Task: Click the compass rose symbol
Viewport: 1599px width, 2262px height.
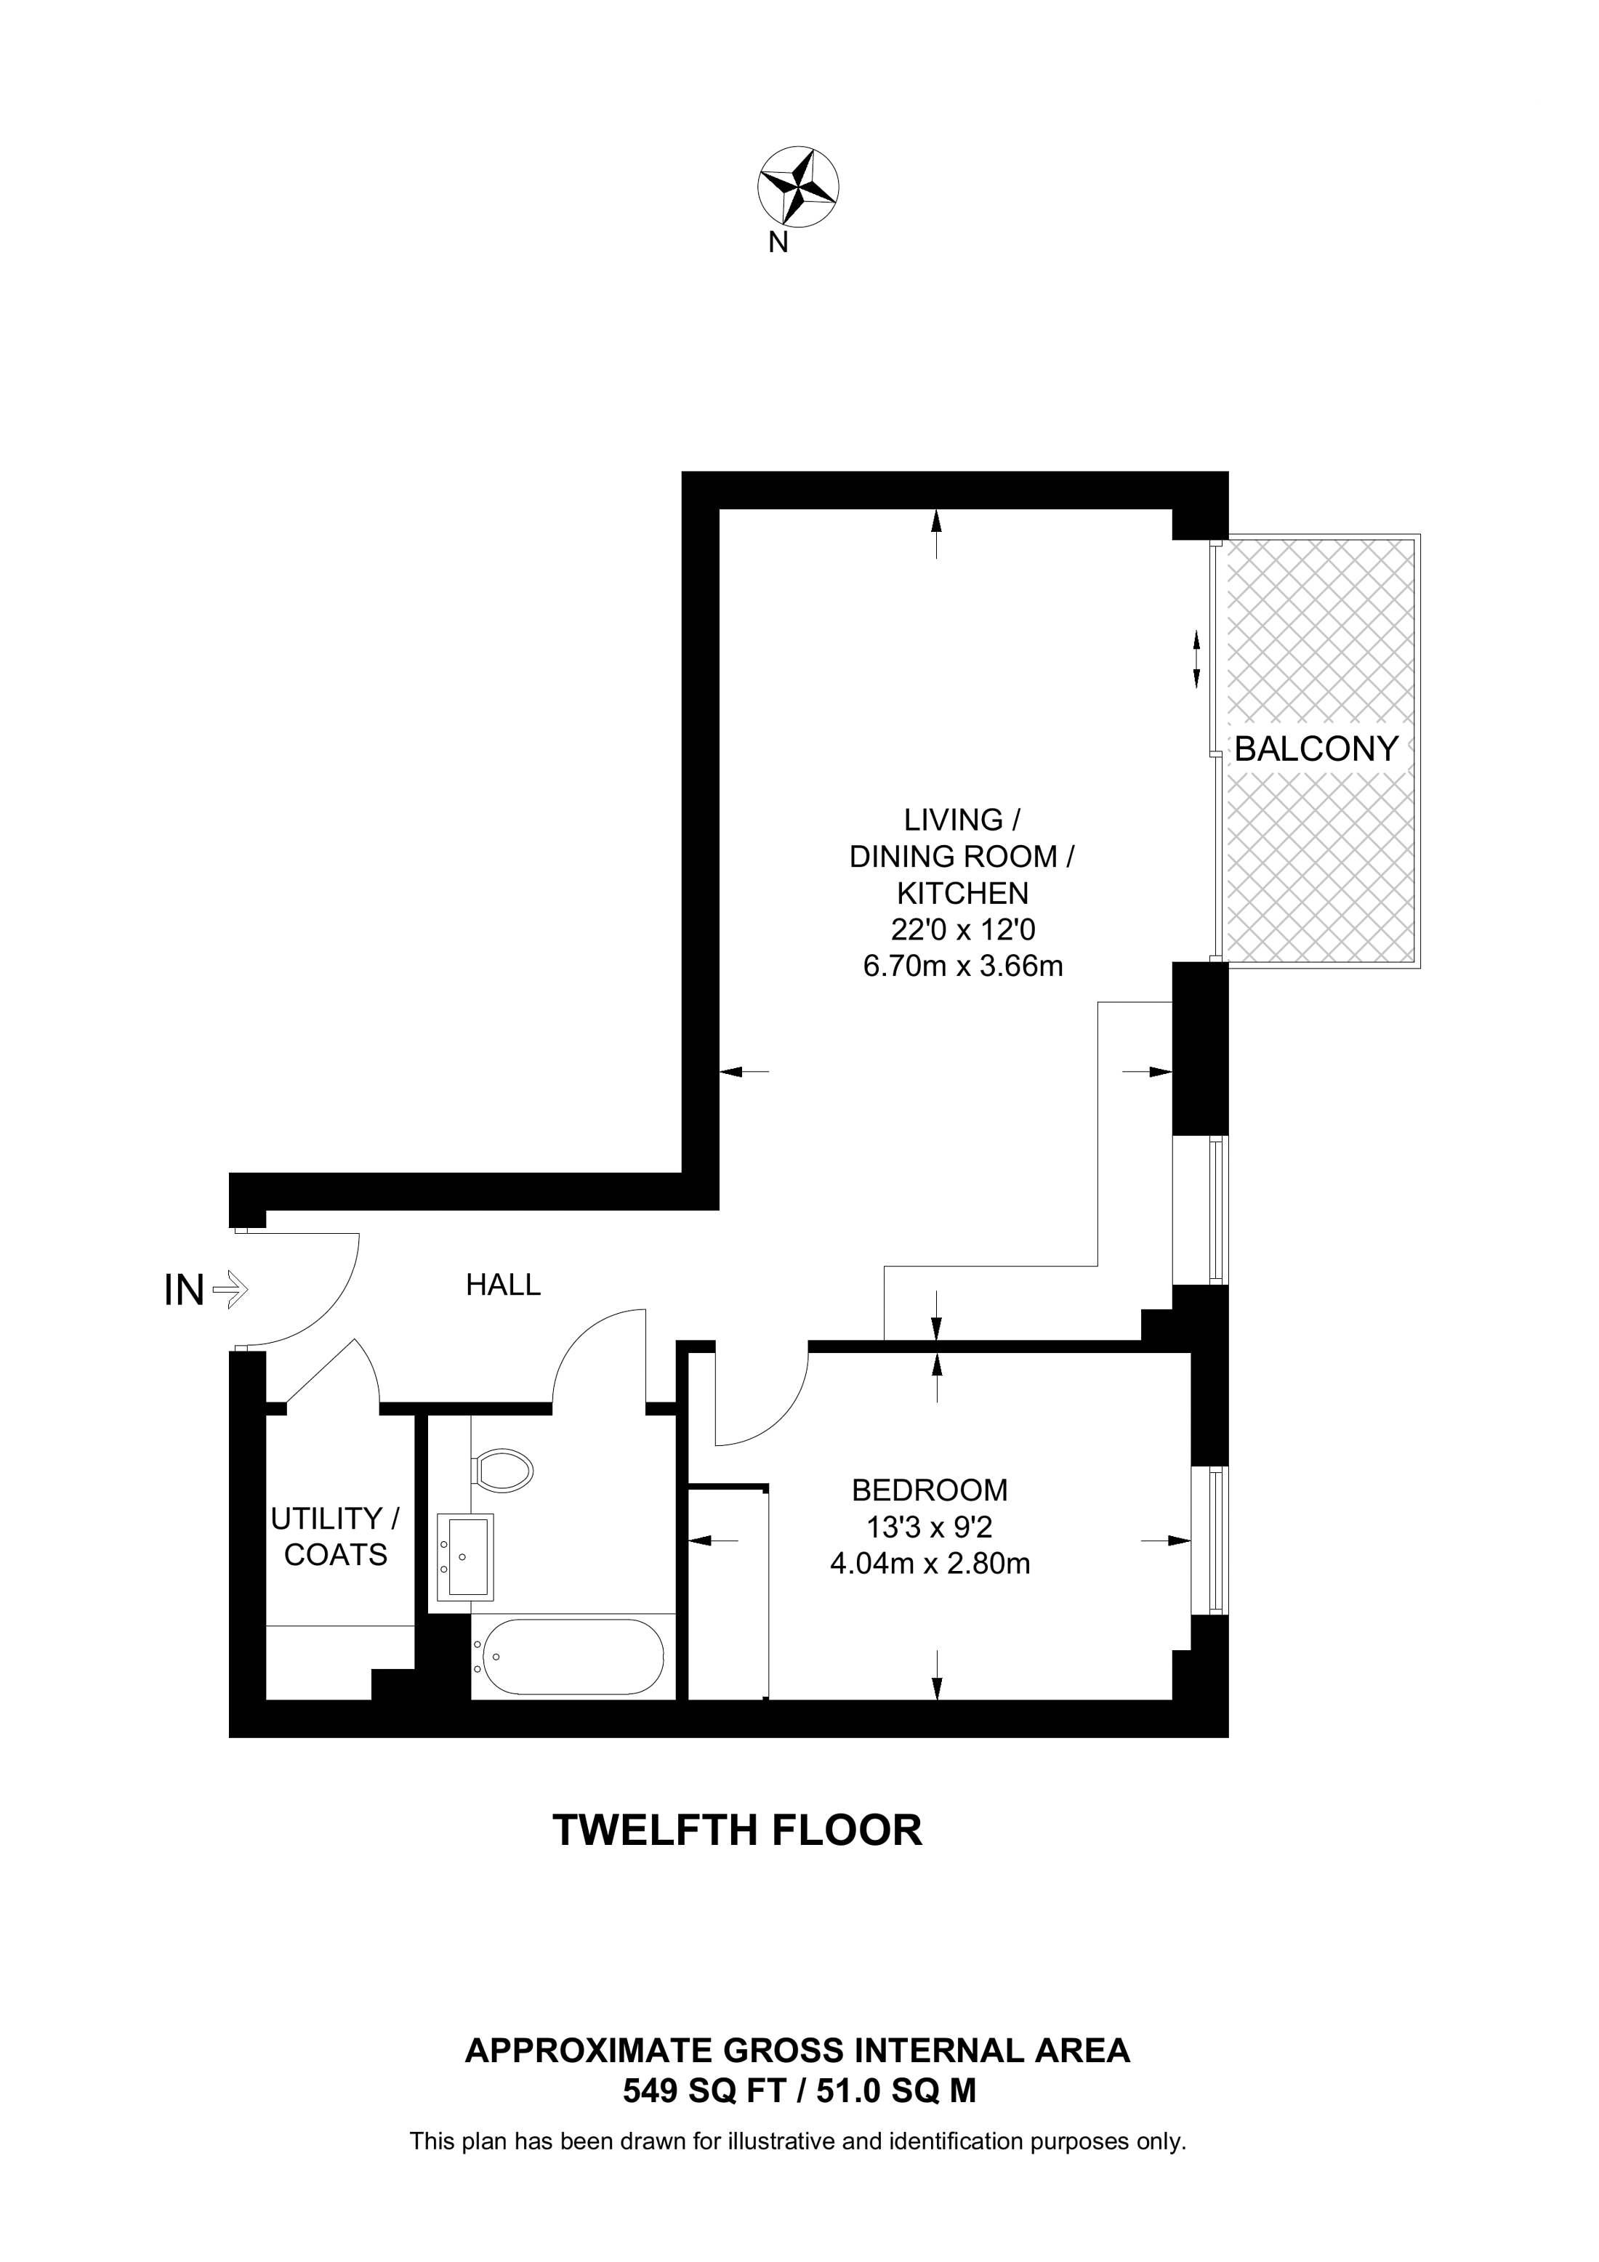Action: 798,186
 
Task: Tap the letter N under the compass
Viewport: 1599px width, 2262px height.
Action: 778,243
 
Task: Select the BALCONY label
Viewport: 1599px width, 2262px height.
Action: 1316,750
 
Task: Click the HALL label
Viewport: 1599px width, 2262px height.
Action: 504,1285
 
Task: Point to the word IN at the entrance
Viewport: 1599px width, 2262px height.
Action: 184,1290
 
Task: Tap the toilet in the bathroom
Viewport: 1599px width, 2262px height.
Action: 502,1473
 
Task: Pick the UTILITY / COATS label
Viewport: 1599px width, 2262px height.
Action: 336,1537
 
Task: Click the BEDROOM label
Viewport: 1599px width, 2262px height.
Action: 930,1490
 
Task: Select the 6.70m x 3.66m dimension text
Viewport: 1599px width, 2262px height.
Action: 962,966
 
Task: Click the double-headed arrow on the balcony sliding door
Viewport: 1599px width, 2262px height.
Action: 1197,659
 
